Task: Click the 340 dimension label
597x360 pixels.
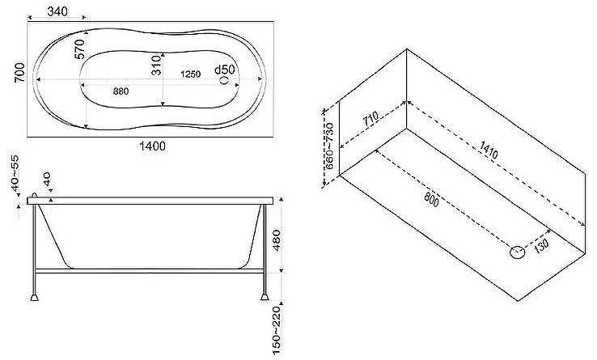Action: tap(57, 11)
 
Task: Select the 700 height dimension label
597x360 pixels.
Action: tap(19, 72)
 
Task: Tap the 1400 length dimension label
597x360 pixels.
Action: tap(152, 146)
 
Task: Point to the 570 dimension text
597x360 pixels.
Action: tap(80, 49)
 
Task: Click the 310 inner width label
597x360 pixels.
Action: tap(156, 66)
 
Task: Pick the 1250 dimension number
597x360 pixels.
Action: tap(190, 74)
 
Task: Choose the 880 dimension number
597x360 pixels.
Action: tap(121, 91)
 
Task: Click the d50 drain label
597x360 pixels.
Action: tap(225, 70)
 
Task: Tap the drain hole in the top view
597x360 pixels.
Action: tap(225, 80)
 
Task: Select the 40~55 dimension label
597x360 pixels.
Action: tap(15, 170)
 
